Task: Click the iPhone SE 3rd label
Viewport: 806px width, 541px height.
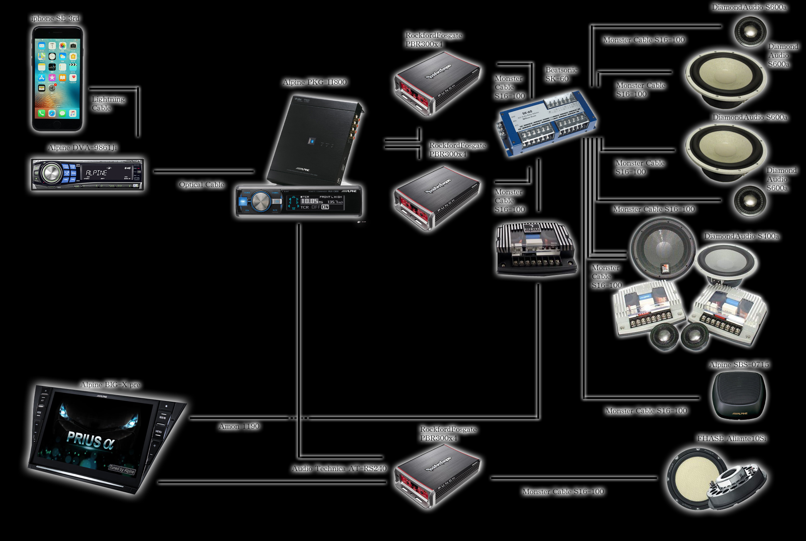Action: click(x=55, y=18)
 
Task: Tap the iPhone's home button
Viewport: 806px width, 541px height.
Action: click(x=57, y=124)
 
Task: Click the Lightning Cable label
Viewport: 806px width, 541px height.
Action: click(x=108, y=104)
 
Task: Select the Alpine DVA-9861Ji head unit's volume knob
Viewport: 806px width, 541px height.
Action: click(x=51, y=174)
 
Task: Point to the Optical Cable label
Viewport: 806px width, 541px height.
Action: click(x=201, y=185)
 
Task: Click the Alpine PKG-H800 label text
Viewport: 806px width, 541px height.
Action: click(x=314, y=82)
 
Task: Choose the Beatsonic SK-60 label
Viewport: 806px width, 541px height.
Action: click(x=561, y=74)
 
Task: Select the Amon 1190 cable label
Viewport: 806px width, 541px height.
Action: click(x=239, y=426)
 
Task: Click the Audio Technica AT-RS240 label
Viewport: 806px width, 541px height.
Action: click(x=339, y=469)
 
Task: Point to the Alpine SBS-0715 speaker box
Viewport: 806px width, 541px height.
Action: click(x=738, y=396)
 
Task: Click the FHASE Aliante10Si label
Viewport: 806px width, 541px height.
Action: click(x=731, y=439)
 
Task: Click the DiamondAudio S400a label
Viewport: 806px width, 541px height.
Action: click(x=741, y=236)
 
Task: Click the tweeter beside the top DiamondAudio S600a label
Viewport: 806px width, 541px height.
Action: click(x=750, y=32)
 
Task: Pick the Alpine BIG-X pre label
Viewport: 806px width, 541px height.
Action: click(x=110, y=385)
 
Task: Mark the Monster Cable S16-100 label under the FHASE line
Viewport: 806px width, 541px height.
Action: click(x=563, y=492)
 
